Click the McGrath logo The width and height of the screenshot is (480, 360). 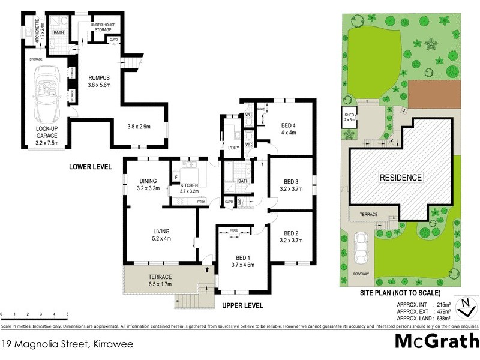436,341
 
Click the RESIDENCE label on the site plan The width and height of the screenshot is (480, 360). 400,178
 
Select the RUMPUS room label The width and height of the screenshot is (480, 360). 98,77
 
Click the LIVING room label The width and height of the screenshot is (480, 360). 161,231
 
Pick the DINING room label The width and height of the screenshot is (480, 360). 148,181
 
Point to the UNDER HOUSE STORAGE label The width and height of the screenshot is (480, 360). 104,27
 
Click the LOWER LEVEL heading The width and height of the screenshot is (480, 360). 90,167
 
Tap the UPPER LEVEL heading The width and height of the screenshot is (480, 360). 242,305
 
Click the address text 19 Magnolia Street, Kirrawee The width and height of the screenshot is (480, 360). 67,344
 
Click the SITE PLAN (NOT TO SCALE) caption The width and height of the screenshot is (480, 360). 400,293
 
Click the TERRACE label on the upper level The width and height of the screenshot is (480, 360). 160,277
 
